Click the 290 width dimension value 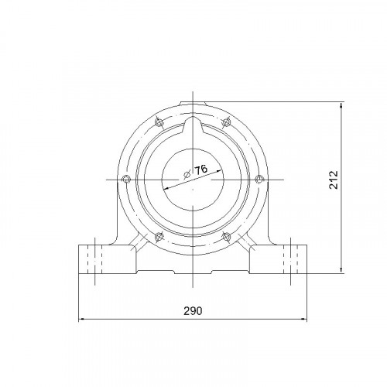tap(193, 311)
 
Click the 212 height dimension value tap(334, 180)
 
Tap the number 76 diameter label tap(200, 170)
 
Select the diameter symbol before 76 tap(187, 175)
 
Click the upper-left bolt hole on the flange tap(159, 122)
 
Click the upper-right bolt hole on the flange tap(226, 122)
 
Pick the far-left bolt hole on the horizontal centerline tap(126, 179)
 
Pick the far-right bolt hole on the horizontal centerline tap(259, 179)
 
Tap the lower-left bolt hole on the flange tap(159, 237)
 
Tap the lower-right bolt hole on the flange tap(226, 237)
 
